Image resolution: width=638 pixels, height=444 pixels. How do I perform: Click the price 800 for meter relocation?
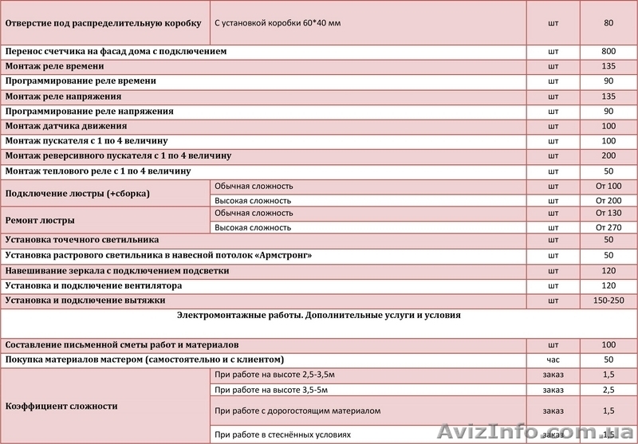tap(608, 51)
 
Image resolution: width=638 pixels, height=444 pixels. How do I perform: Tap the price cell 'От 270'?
tap(608, 227)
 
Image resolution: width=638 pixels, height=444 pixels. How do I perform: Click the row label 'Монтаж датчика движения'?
tap(66, 126)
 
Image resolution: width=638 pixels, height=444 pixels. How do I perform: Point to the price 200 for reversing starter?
tap(608, 155)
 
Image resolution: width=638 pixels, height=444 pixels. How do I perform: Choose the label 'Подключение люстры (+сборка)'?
tap(77, 194)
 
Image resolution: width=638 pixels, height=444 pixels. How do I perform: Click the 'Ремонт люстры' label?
tap(40, 220)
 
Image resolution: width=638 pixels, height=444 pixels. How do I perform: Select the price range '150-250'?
tap(608, 300)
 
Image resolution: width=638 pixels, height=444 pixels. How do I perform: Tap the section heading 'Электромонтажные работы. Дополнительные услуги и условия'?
tap(318, 316)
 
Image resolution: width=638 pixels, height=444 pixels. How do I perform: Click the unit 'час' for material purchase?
tap(553, 360)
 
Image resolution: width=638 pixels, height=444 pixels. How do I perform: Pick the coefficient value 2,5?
tap(608, 389)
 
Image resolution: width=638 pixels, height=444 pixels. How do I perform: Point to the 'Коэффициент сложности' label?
tap(61, 406)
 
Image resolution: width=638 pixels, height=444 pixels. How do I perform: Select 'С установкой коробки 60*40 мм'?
tap(278, 23)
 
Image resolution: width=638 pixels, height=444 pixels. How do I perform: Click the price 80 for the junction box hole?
tap(608, 23)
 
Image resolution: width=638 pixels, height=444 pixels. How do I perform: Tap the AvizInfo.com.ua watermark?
tap(551, 431)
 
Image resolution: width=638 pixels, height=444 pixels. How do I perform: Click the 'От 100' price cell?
tap(608, 187)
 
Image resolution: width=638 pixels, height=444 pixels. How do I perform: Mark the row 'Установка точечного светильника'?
tap(82, 239)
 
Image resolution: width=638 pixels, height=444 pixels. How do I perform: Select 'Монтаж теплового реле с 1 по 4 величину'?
tap(98, 171)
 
